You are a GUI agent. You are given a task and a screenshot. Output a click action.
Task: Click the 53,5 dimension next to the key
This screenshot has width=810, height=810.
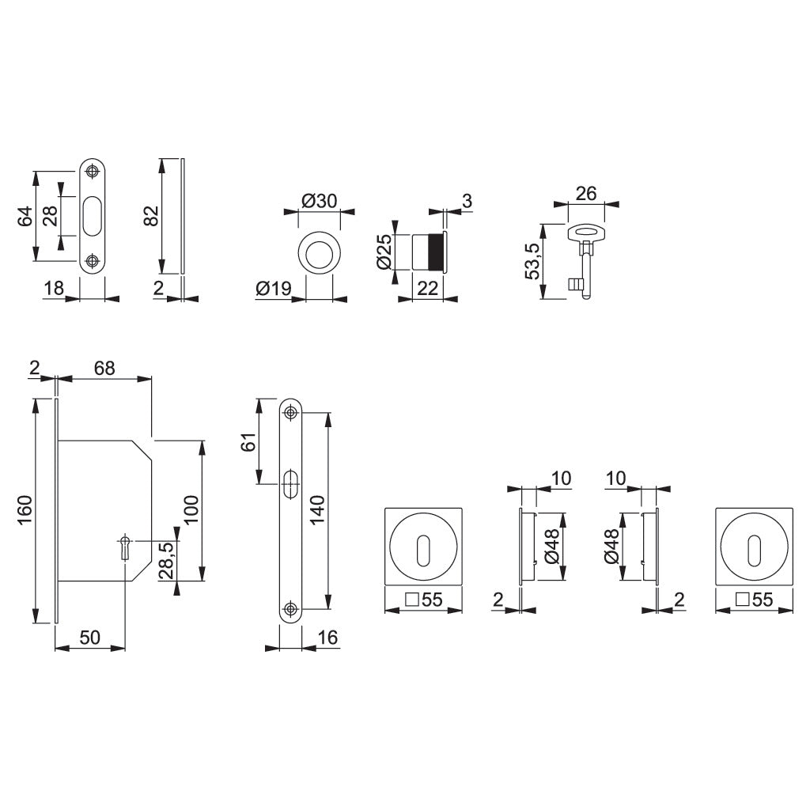point(532,261)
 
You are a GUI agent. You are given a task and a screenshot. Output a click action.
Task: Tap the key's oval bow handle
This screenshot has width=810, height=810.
point(585,232)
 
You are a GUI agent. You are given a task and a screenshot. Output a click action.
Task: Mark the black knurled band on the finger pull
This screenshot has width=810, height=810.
point(435,252)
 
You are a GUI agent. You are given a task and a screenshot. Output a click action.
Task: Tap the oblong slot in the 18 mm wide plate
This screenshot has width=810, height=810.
point(93,215)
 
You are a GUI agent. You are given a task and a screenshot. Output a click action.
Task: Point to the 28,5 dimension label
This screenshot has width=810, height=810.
point(166,561)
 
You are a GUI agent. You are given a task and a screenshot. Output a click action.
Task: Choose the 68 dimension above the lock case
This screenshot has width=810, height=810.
point(104,368)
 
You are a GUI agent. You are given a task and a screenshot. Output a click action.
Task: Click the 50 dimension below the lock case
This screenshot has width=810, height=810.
point(89,638)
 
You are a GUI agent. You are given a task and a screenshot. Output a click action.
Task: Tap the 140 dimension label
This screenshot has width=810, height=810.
point(317,511)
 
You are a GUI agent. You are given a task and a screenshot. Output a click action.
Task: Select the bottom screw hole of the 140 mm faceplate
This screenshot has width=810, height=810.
point(291,609)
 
